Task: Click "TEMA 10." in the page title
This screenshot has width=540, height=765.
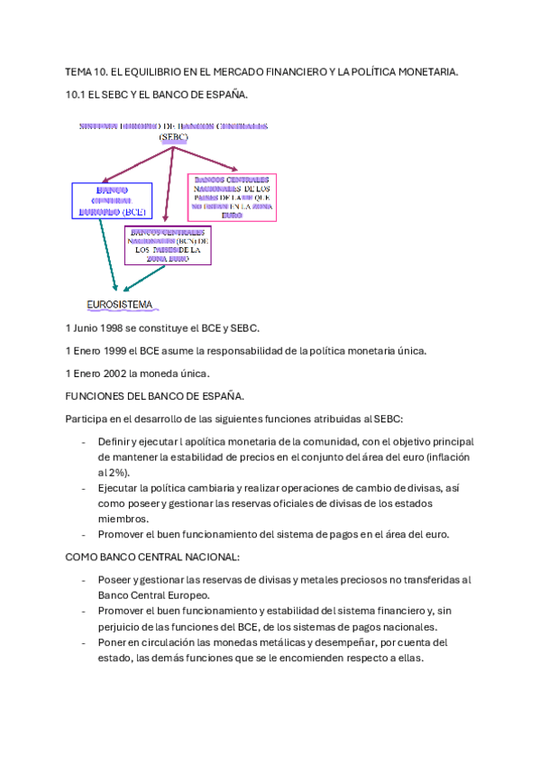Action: click(x=86, y=70)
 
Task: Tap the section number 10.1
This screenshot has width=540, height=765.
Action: click(x=77, y=94)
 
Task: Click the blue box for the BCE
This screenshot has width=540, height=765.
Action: click(x=112, y=201)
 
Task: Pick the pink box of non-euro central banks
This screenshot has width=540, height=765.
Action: click(x=231, y=197)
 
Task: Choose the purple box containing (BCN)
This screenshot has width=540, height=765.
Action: click(x=168, y=244)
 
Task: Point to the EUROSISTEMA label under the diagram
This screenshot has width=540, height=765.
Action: click(x=119, y=304)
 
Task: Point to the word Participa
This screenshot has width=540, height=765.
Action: click(x=87, y=419)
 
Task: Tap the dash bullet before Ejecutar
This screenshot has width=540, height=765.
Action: click(x=84, y=487)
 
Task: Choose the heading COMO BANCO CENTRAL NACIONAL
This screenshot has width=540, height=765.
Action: click(x=152, y=558)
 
